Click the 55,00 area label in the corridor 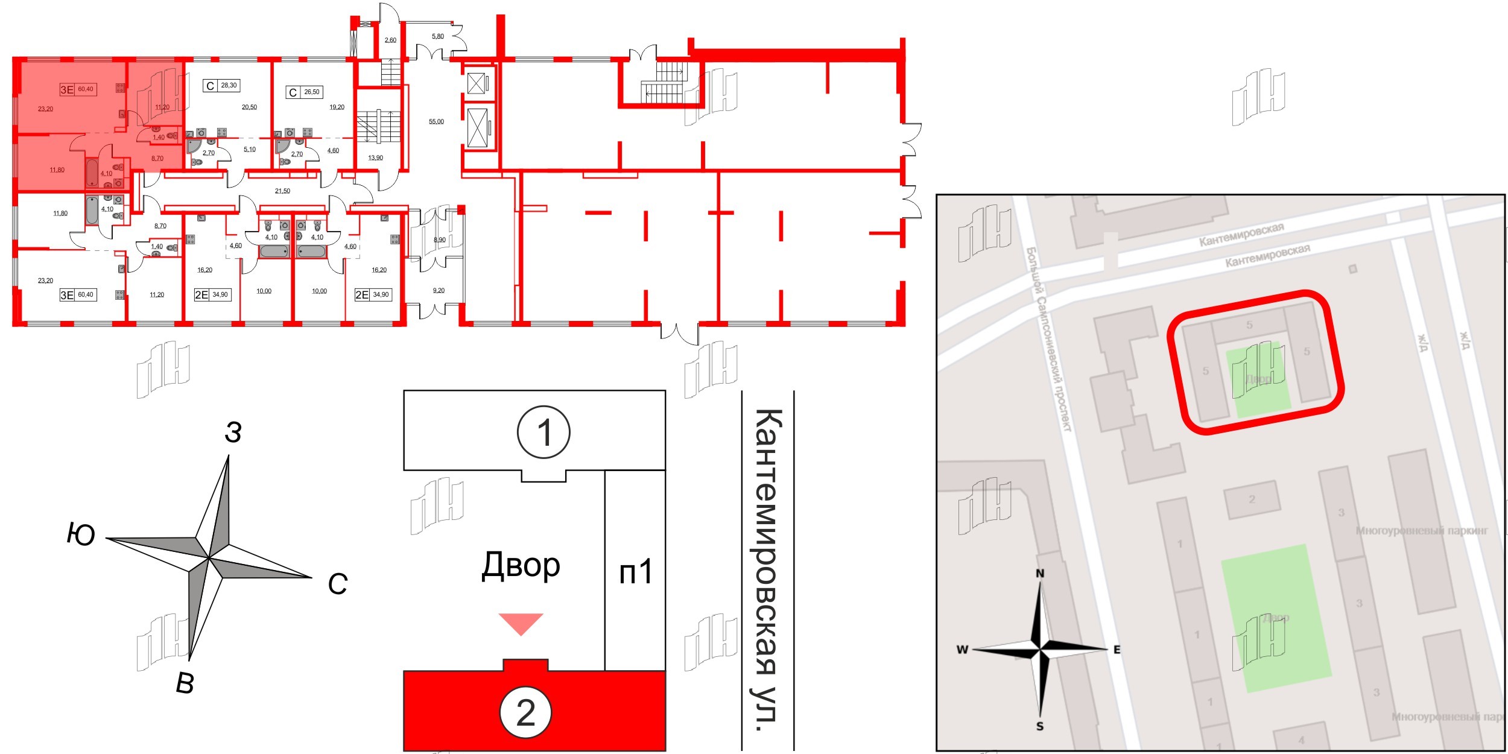[436, 122]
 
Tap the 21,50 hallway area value [282, 191]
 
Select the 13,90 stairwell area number [375, 158]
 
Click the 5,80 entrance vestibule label [437, 37]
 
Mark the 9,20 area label [439, 291]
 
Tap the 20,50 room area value [249, 107]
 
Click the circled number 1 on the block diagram [543, 432]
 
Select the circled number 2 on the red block [525, 713]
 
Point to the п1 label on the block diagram [636, 571]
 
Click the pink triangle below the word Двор [521, 624]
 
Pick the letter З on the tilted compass [233, 432]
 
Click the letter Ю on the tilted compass [81, 534]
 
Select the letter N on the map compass [1040, 574]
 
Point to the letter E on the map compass [1117, 650]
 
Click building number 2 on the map [1252, 499]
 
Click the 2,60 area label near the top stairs [390, 40]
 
